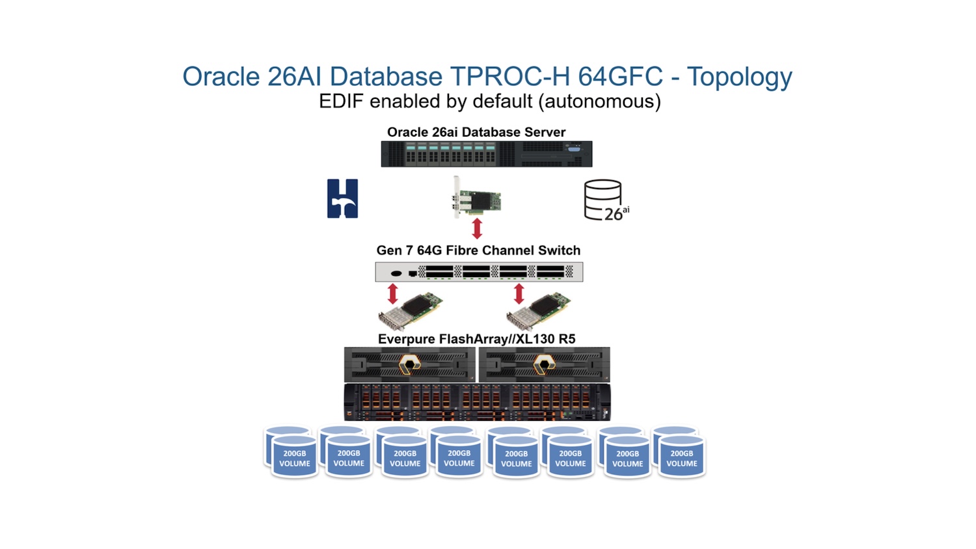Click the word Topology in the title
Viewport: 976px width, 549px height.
[739, 77]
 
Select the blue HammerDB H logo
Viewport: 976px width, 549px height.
[342, 198]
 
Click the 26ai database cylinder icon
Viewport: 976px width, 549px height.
[604, 200]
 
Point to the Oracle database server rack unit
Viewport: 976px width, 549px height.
[486, 154]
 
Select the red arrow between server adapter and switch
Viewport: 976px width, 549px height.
[477, 228]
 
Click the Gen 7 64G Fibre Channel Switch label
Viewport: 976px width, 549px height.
[478, 250]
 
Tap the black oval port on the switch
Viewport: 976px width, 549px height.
[396, 273]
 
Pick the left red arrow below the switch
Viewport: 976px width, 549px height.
[392, 294]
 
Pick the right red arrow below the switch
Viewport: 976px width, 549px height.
[519, 294]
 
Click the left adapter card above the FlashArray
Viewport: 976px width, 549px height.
[411, 312]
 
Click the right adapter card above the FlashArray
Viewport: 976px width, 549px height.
[539, 312]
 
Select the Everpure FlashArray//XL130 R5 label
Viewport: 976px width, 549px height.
[476, 339]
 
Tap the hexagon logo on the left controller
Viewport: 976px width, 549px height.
[409, 364]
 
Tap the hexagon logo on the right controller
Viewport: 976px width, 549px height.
[544, 364]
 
